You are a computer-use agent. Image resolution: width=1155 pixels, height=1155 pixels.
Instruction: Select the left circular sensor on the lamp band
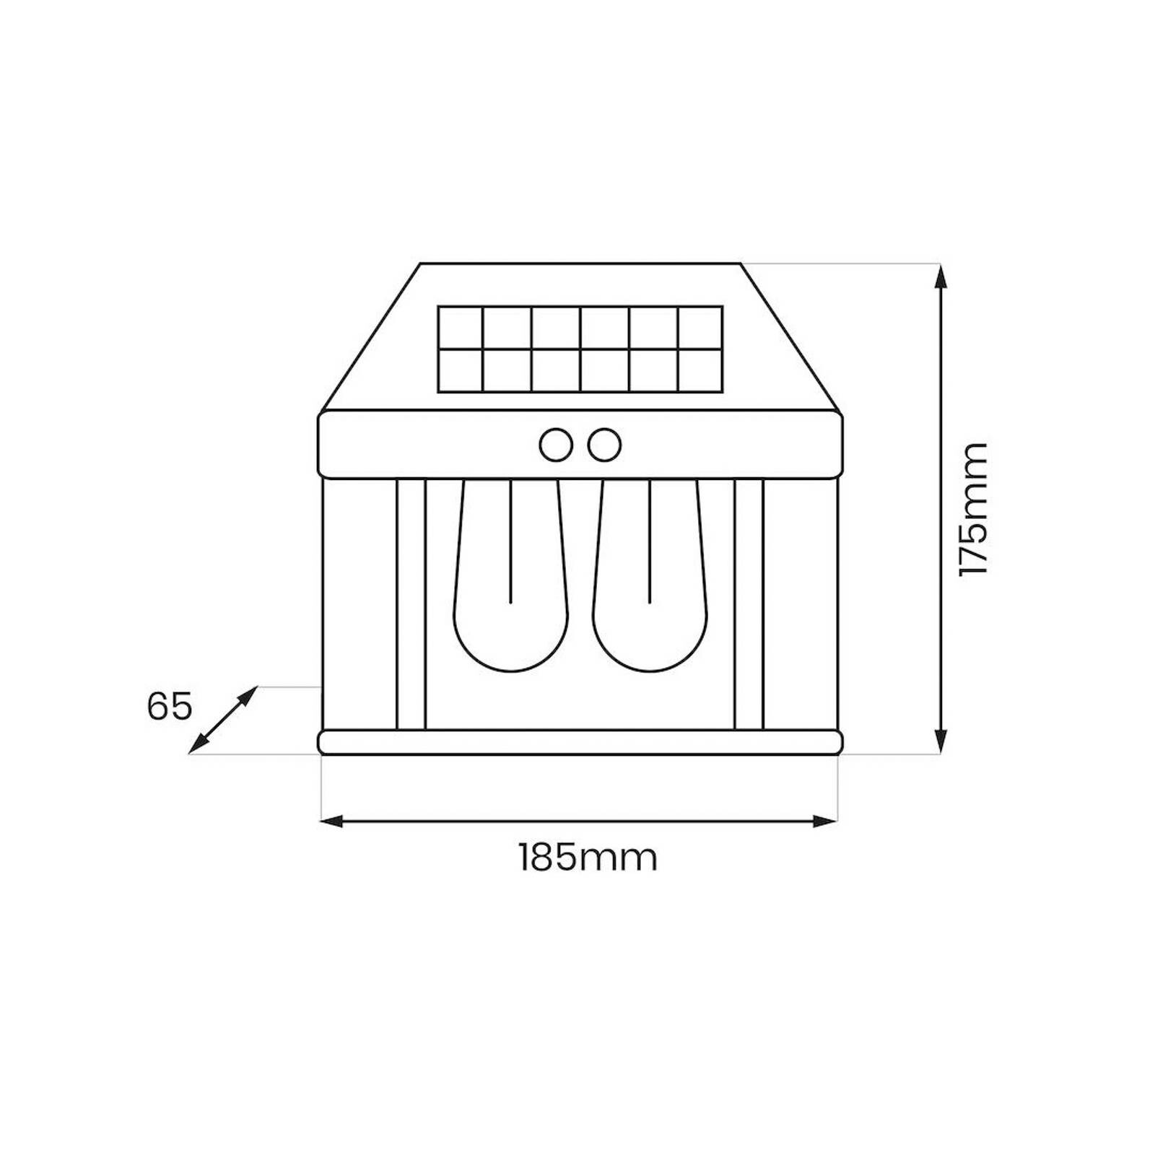556,445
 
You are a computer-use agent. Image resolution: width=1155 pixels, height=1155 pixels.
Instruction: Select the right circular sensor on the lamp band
604,445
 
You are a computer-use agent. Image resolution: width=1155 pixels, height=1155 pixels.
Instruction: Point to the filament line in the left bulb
510,541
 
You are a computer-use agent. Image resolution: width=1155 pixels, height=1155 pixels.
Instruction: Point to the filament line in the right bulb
650,541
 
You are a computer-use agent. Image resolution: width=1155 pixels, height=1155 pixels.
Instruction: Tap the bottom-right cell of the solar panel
699,371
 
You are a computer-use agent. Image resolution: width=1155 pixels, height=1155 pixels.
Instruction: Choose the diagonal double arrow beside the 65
222,719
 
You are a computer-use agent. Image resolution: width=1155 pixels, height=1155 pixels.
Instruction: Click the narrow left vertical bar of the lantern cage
411,605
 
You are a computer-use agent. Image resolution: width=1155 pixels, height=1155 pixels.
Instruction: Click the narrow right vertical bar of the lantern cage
749,605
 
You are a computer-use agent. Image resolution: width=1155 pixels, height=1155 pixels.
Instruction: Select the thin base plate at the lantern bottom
580,743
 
